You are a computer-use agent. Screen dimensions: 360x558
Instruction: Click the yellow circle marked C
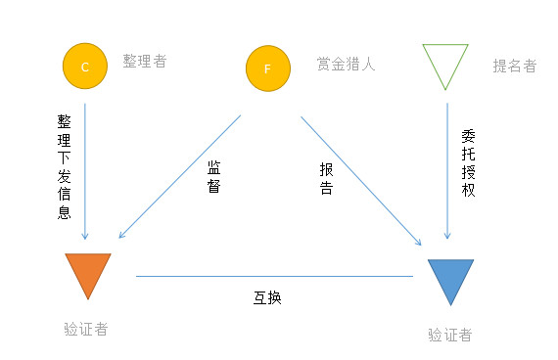coord(84,67)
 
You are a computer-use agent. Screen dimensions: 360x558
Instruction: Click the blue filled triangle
coord(450,280)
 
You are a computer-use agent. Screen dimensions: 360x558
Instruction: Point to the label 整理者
coord(145,62)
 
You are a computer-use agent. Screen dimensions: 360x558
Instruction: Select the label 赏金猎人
coord(347,65)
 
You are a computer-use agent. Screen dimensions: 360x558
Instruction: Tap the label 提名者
coord(515,67)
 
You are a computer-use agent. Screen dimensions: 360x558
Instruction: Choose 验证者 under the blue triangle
coord(450,335)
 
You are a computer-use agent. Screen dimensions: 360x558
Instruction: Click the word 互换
coord(267,297)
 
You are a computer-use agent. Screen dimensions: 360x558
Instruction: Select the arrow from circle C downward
coord(85,166)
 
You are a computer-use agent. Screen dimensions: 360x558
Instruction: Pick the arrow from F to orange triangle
coord(180,176)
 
